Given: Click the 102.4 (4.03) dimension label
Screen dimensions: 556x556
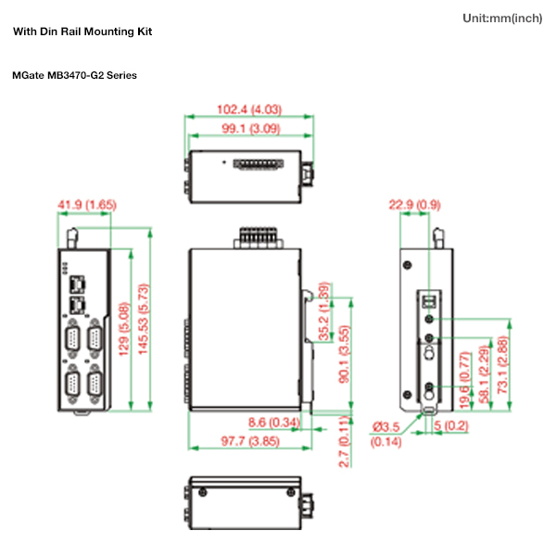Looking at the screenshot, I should pos(249,109).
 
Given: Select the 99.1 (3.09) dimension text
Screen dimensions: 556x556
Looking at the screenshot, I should pos(250,130).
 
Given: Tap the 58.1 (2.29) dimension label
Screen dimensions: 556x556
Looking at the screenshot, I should pos(483,373).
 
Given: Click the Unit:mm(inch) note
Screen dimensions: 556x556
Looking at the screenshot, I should pos(501,19).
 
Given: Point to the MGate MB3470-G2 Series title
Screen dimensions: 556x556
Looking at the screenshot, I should pos(74,75).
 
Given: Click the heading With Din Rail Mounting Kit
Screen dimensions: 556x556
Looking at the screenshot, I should pos(82,32).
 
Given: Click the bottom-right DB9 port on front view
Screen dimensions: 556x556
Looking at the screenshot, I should pos(95,383).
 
